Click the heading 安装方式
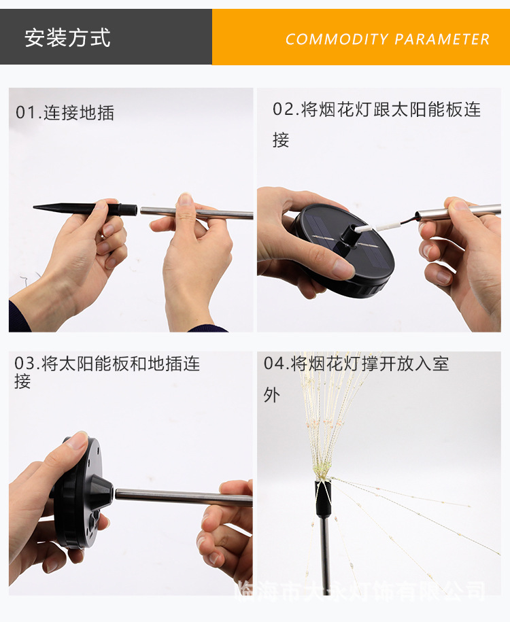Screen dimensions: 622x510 pyautogui.click(x=67, y=37)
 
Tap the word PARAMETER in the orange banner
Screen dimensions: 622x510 pyautogui.click(x=442, y=39)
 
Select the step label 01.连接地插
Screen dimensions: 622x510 pyautogui.click(x=65, y=113)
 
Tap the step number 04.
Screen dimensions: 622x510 pyautogui.click(x=274, y=364)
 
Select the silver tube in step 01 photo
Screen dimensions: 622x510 pyautogui.click(x=197, y=213)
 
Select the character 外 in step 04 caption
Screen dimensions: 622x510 pyautogui.click(x=271, y=394)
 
